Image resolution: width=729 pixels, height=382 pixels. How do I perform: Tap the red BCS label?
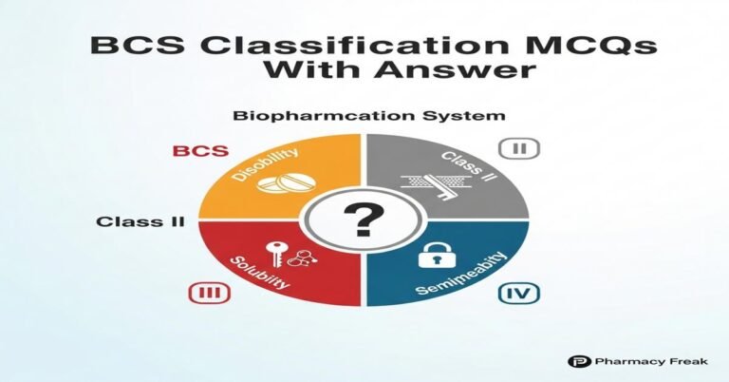pyautogui.click(x=194, y=150)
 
